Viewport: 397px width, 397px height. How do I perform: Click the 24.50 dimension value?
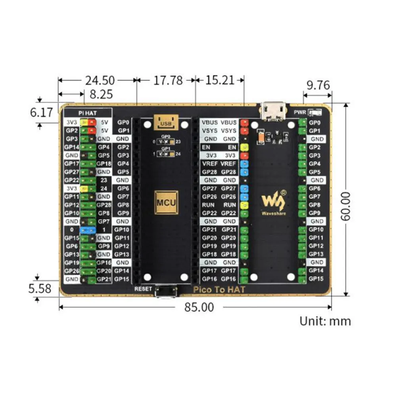tap(100, 81)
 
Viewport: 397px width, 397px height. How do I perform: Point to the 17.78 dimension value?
tap(168, 81)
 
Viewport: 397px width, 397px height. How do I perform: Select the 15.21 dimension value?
tap(220, 81)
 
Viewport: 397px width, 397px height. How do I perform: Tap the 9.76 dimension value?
tap(318, 85)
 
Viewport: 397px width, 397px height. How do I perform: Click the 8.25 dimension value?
tap(101, 94)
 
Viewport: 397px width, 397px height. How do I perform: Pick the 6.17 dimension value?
tap(41, 113)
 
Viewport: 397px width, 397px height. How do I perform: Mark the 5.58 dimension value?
tap(40, 288)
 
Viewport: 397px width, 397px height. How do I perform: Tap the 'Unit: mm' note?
tap(325, 321)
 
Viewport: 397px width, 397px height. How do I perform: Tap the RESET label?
tap(143, 289)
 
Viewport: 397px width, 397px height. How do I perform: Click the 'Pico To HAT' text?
tap(219, 290)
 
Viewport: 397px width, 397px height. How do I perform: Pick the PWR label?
tap(300, 112)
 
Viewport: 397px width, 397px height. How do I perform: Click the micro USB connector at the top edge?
tap(274, 110)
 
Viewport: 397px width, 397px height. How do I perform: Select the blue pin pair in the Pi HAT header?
tap(88, 230)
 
